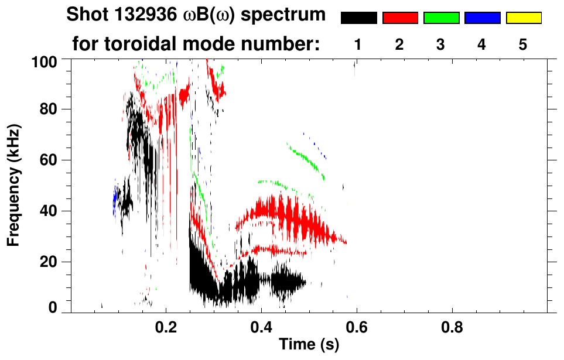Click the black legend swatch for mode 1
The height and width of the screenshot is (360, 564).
pos(358,18)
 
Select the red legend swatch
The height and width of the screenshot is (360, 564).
pos(400,18)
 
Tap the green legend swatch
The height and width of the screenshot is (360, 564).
pos(441,18)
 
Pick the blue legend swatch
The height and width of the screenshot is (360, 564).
pos(482,18)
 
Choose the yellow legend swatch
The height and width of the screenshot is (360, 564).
pos(523,18)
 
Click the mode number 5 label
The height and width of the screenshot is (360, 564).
pos(523,45)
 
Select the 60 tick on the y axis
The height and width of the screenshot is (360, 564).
pos(49,160)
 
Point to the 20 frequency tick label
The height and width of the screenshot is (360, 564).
pos(49,262)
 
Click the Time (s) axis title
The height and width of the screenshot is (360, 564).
pos(308,345)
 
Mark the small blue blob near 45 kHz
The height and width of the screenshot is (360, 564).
pos(115,199)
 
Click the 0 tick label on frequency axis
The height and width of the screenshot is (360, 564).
pos(53,307)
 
